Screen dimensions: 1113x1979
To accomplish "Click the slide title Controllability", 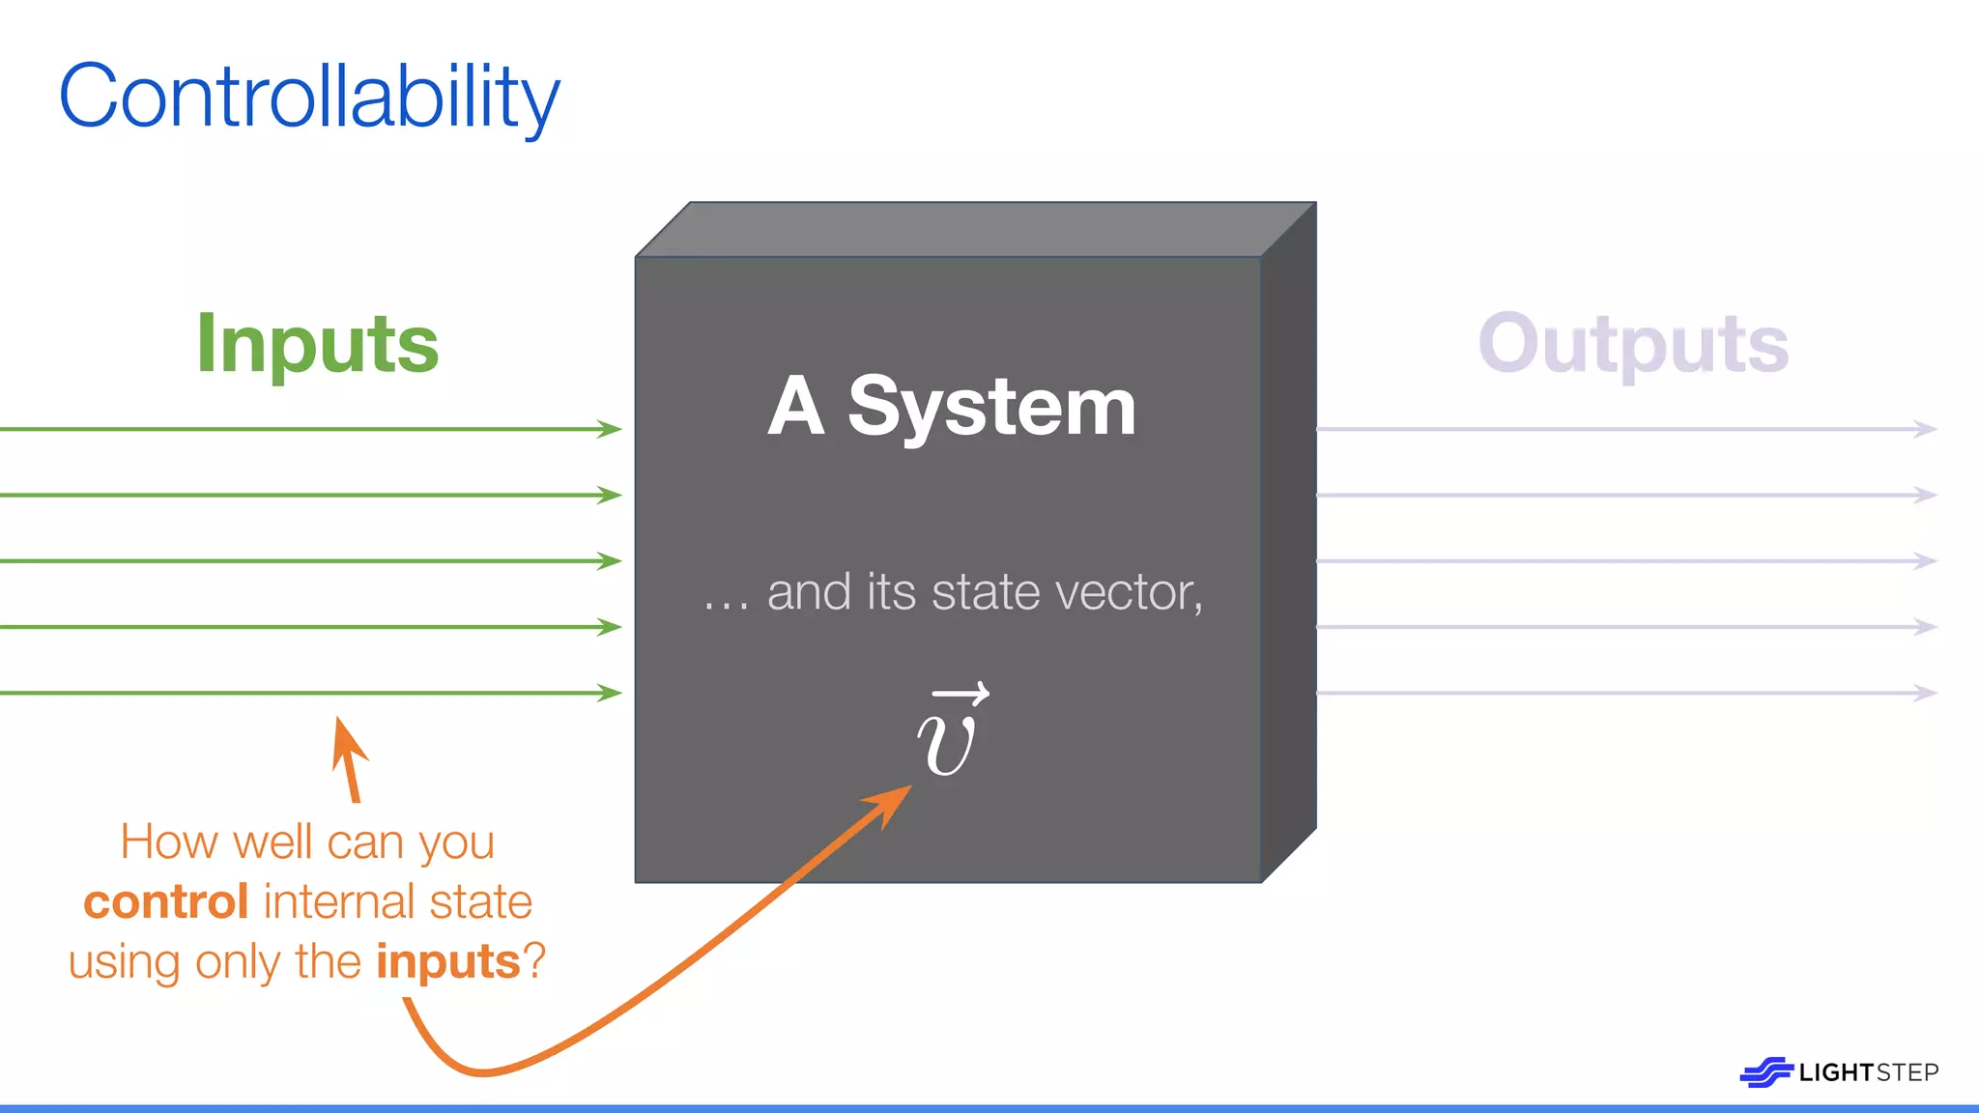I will [309, 97].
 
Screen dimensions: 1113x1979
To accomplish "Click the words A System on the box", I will [952, 407].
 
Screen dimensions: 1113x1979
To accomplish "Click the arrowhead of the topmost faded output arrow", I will [1926, 429].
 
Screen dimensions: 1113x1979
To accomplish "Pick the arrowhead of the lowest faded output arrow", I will [1926, 693].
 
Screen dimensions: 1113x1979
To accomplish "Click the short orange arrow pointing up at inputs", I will [349, 758].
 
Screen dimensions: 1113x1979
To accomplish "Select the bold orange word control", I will [166, 902].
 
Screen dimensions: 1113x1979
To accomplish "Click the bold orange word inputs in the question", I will [448, 962].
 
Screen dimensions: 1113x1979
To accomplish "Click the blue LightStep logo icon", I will [1765, 1072].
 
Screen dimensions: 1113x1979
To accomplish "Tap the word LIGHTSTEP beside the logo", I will [1869, 1072].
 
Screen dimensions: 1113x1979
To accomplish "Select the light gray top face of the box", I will [976, 230].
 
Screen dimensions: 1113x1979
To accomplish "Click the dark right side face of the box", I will [1289, 541].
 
